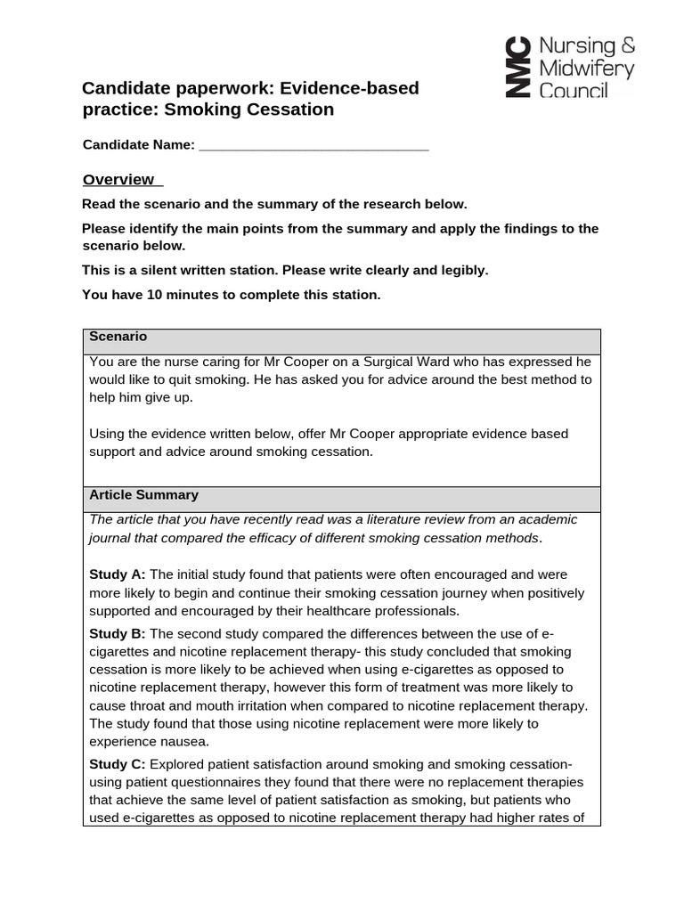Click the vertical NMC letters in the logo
516,68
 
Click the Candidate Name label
138,145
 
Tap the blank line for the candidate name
313,146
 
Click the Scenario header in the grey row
118,337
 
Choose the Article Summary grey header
143,494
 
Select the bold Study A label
118,574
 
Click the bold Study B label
118,633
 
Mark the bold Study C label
118,764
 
